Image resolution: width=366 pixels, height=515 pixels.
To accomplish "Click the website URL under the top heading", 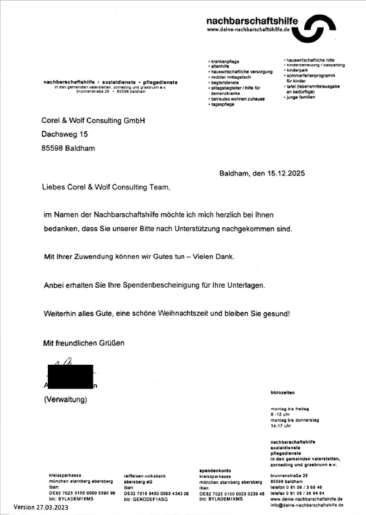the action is click(247, 30).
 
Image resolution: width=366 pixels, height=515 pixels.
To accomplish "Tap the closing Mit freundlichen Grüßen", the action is click(83, 343).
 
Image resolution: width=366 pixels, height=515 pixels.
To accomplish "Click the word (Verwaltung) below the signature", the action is click(65, 400).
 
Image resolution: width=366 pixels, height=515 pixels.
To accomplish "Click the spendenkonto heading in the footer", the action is click(215, 469).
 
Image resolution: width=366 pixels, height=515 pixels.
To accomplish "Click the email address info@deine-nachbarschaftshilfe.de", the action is click(305, 504).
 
